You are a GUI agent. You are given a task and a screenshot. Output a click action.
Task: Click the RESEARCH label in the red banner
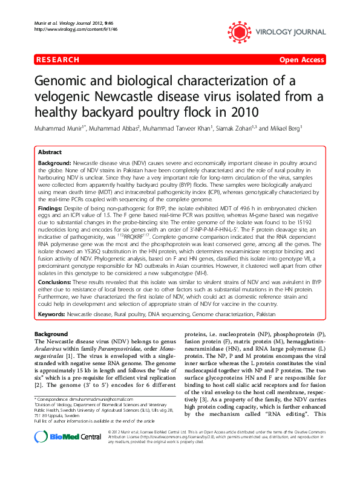[x=58, y=60]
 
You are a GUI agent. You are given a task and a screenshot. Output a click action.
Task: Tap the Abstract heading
[x=51, y=154]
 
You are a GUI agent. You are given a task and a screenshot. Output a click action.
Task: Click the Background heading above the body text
[x=51, y=334]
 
